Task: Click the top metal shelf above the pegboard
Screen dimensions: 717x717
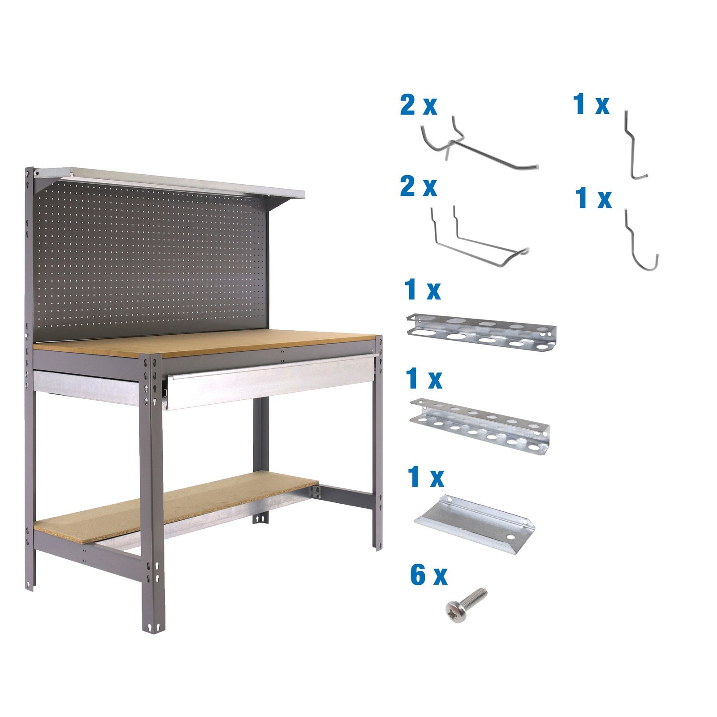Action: pyautogui.click(x=170, y=181)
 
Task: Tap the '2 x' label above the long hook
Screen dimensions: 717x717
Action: pyautogui.click(x=418, y=106)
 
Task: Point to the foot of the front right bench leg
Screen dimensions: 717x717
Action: pyautogui.click(x=378, y=544)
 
